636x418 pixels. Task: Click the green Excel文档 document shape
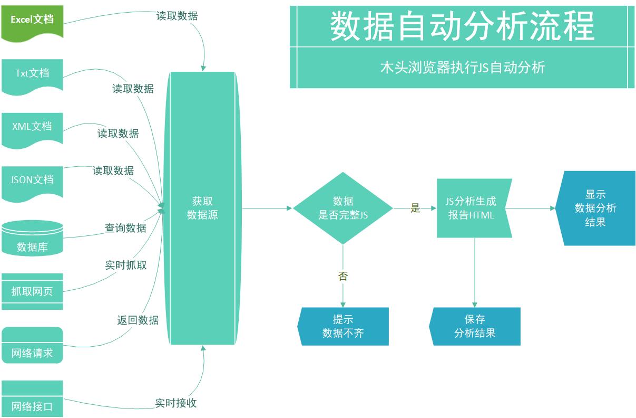tap(32, 20)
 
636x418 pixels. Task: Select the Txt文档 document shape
tap(32, 73)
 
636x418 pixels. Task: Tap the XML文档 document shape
tap(32, 127)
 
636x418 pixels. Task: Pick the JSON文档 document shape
tap(32, 180)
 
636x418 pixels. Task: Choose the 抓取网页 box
tap(32, 291)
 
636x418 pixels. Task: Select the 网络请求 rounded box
tap(32, 346)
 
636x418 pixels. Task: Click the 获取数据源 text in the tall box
tap(202, 208)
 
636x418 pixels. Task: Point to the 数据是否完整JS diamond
tap(343, 208)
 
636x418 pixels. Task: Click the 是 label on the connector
tap(415, 208)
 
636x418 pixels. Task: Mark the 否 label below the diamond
tap(343, 276)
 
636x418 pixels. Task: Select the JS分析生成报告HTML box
tap(472, 208)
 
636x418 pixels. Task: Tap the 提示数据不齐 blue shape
tap(344, 327)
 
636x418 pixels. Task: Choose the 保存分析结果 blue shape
tap(475, 327)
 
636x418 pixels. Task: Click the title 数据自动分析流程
tap(462, 26)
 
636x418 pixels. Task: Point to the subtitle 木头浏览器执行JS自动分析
tap(462, 68)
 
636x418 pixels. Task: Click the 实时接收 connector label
tap(176, 403)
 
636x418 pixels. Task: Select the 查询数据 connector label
tap(125, 228)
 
